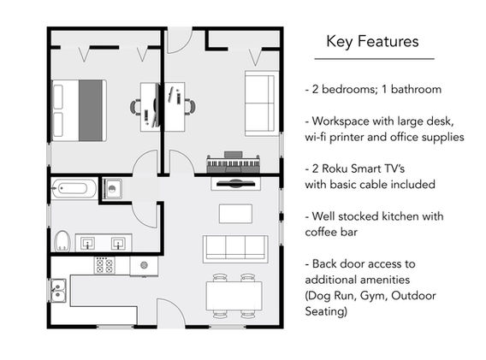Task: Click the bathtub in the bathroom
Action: [x=74, y=188]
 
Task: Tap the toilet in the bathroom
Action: [x=62, y=241]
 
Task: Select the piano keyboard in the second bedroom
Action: [x=233, y=162]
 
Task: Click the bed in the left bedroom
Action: [x=79, y=110]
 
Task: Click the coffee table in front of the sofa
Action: [x=235, y=214]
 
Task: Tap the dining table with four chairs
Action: [x=234, y=296]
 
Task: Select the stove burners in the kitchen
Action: [x=104, y=265]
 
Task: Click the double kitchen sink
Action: [x=58, y=290]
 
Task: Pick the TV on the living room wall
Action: [x=235, y=184]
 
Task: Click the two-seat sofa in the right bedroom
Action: [x=261, y=103]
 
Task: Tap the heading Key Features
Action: [x=372, y=42]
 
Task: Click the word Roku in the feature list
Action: [x=335, y=168]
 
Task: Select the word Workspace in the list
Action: [x=341, y=121]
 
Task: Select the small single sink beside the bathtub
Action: [x=112, y=188]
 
